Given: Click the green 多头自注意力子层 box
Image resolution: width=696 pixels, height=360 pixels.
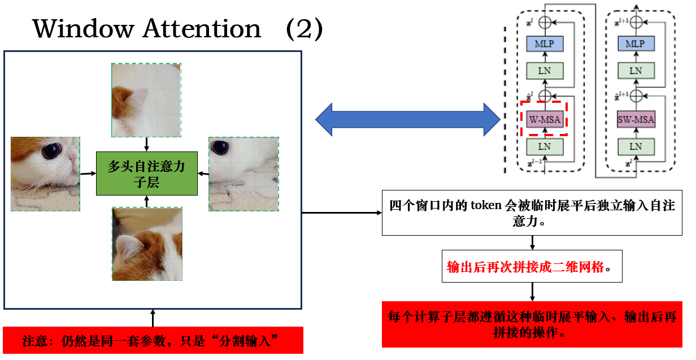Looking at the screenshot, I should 146,174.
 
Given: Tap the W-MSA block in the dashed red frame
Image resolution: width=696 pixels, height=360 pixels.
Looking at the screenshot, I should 545,119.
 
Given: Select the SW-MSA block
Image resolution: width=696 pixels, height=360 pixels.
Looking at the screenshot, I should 636,119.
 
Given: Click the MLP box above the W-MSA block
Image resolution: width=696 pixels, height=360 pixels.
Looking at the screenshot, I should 545,44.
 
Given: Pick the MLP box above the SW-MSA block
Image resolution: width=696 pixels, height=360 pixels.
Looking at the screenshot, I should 636,44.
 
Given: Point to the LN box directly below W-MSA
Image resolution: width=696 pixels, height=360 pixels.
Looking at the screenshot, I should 545,146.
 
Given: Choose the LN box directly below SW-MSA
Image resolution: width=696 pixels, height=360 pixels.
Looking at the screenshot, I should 636,146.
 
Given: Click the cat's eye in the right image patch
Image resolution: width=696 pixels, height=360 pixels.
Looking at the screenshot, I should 218,148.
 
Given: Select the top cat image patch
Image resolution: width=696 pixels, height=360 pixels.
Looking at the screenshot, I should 146,100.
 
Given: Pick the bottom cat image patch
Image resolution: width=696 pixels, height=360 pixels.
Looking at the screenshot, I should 147,244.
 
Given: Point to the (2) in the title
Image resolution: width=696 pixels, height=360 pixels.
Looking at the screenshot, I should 304,29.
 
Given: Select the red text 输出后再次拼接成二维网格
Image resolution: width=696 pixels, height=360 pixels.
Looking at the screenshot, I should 525,267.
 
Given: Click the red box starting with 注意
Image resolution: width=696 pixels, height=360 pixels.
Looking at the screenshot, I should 153,341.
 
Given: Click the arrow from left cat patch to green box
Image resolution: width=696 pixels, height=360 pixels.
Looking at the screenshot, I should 88,174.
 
